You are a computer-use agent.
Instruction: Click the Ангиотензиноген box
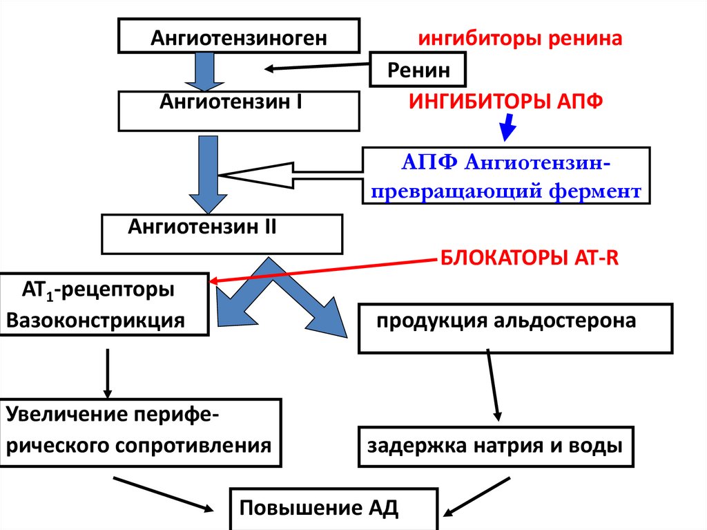click(x=240, y=37)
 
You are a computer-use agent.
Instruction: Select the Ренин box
click(x=418, y=70)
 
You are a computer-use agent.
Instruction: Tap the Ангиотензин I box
click(x=240, y=111)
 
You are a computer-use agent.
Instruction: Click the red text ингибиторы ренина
click(x=519, y=37)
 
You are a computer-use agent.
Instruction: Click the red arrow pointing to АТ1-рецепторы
click(x=325, y=270)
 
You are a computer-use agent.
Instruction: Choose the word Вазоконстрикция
click(x=95, y=321)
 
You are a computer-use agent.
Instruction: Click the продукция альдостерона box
click(x=514, y=328)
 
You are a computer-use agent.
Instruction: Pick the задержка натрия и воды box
click(x=494, y=446)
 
